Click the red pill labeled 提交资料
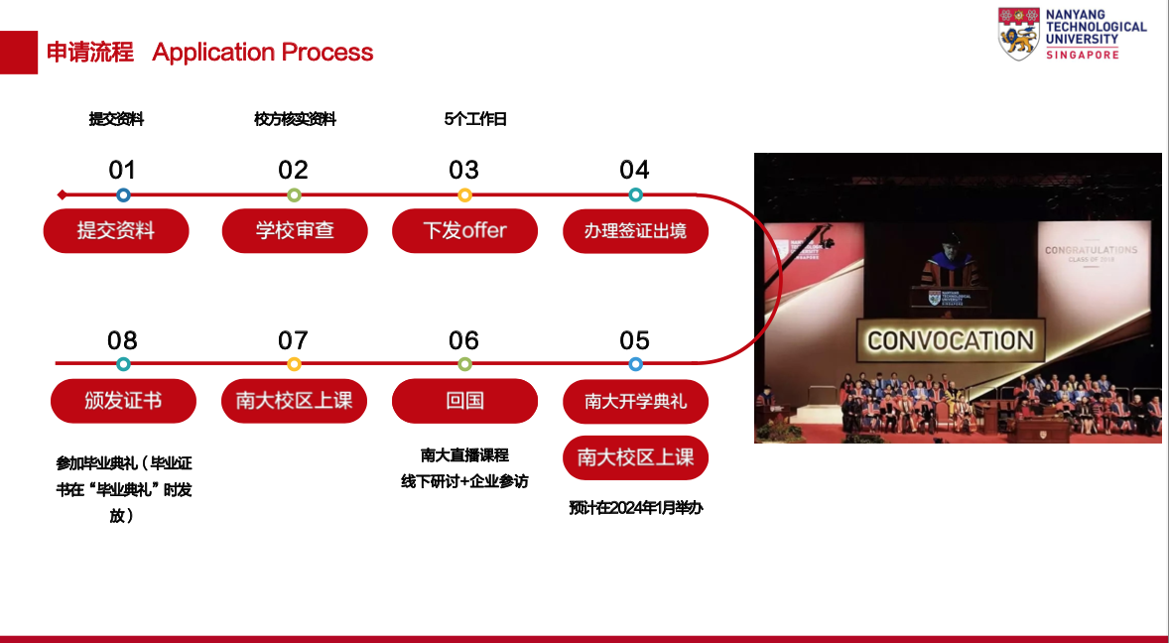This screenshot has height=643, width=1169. click(x=116, y=231)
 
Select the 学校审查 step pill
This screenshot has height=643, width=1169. click(x=295, y=231)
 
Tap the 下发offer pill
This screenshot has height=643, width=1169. click(x=464, y=231)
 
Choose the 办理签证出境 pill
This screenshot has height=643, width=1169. click(x=635, y=231)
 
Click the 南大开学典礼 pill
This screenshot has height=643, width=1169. click(x=635, y=402)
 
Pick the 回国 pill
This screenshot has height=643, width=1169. click(x=464, y=401)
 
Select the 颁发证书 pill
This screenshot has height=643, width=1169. click(x=123, y=401)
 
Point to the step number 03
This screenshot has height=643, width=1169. click(x=463, y=171)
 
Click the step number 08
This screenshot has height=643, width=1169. click(x=122, y=341)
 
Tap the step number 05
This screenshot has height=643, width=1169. click(x=634, y=341)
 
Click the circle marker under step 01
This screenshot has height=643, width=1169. click(x=124, y=195)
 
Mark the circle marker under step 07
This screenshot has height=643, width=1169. click(x=294, y=364)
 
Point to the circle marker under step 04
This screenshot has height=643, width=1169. click(x=635, y=195)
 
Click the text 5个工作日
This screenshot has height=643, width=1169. click(x=475, y=119)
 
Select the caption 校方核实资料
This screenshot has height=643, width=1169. click(x=296, y=119)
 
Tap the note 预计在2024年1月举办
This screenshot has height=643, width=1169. click(x=635, y=508)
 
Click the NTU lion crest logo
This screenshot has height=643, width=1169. click(x=1018, y=34)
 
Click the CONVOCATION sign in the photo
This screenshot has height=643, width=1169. click(x=951, y=340)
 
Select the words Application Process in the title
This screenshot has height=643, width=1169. click(x=262, y=53)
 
